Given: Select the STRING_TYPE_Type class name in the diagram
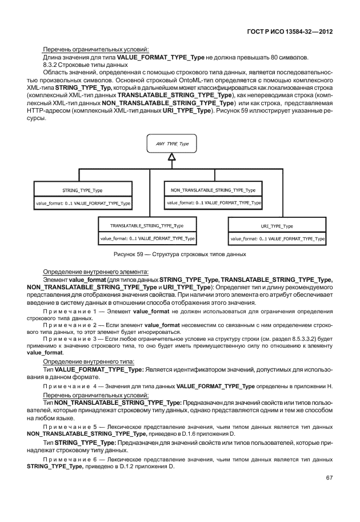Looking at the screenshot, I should (x=82, y=189).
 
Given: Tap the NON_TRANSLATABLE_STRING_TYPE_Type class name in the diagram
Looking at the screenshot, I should (x=213, y=189).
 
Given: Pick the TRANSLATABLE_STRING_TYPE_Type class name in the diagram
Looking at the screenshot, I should (x=147, y=226).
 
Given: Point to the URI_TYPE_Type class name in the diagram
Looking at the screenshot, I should (x=277, y=226).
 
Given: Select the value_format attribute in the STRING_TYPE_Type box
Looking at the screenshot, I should (x=82, y=203).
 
